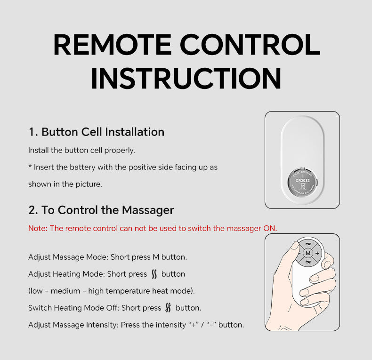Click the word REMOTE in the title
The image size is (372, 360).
113,45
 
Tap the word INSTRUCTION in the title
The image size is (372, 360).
186,78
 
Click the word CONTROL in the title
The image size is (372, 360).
250,45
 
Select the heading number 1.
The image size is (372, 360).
33,132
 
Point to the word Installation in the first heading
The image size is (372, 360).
135,132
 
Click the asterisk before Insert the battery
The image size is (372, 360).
30,166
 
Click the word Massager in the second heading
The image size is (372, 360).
148,211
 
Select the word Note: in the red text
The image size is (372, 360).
38,228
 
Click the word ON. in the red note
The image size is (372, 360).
270,228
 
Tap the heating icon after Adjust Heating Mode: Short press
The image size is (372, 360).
154,274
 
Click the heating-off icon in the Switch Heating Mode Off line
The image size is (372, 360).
168,308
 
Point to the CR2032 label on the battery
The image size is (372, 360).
302,181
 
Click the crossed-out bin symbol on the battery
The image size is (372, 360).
303,186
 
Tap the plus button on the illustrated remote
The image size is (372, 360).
317,253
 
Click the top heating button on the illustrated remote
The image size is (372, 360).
308,244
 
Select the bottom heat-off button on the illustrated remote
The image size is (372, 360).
308,262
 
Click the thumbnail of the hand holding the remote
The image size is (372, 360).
302,282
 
